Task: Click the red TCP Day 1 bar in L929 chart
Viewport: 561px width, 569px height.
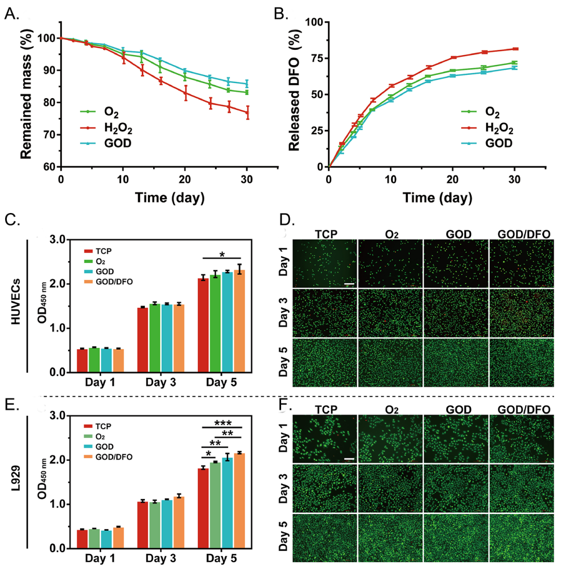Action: tap(82, 539)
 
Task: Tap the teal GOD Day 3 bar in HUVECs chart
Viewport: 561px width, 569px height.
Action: tap(166, 338)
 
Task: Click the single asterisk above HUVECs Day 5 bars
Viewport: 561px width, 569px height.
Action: tap(222, 254)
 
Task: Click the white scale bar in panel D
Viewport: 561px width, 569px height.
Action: tap(349, 284)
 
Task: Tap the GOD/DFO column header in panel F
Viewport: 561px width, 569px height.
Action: tap(523, 409)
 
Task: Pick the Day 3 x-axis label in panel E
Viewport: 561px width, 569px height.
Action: tap(160, 562)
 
